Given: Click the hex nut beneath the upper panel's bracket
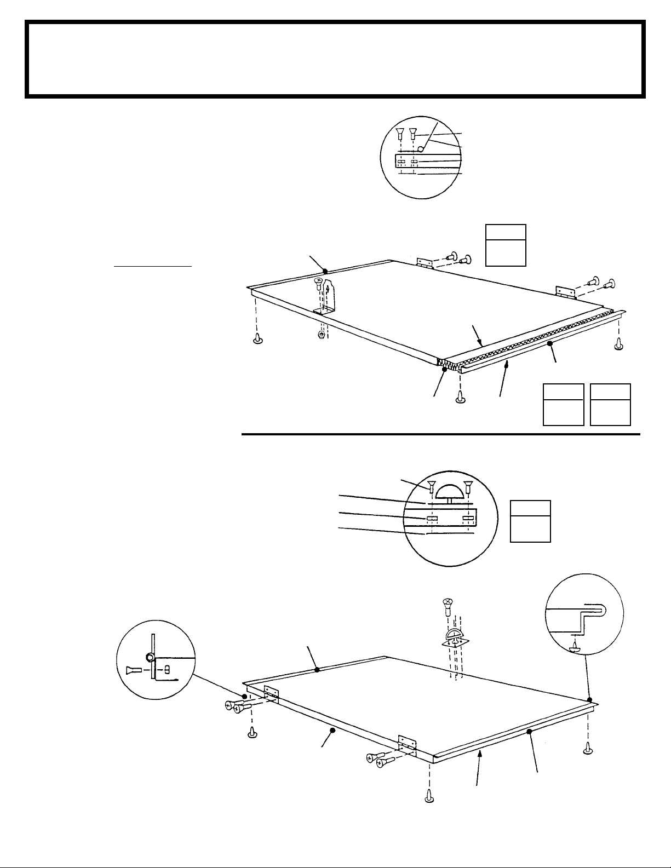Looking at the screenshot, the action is coord(322,334).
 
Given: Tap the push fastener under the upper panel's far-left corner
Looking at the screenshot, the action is coord(258,338).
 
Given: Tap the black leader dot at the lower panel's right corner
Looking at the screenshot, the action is coord(589,699).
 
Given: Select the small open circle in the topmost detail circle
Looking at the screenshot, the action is coord(421,149).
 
